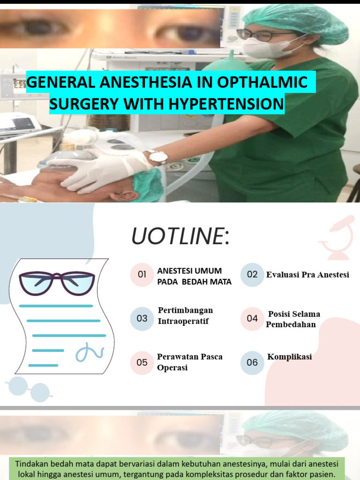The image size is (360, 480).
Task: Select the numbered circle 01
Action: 142,274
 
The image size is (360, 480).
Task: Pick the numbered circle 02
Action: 252,274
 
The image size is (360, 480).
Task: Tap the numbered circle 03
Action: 142,319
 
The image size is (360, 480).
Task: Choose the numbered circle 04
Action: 252,319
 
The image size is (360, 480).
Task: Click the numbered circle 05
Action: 142,363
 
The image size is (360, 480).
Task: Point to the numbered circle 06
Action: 252,363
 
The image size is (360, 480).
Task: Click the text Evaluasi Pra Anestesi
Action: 307,275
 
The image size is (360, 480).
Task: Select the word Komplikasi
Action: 289,357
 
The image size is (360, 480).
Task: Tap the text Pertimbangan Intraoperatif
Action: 185,315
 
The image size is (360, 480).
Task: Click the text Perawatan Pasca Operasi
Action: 189,362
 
